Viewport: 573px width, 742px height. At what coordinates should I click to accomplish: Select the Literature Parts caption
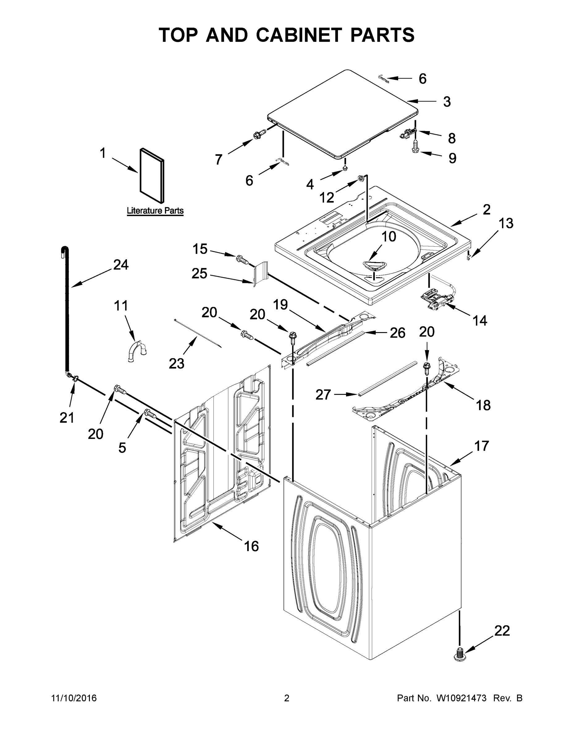click(155, 210)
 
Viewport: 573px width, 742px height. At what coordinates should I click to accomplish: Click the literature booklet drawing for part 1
click(152, 176)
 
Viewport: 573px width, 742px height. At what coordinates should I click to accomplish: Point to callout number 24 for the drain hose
click(121, 265)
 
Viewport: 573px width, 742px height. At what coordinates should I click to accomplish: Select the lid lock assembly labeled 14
click(436, 299)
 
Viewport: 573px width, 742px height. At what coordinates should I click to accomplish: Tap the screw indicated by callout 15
click(242, 260)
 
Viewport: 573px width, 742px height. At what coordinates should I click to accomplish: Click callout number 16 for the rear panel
click(251, 546)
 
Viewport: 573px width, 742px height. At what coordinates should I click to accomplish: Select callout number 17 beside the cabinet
click(481, 446)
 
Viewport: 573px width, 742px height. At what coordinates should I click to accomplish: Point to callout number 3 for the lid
click(447, 102)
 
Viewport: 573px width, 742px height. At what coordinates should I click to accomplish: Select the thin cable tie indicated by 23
click(198, 334)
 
